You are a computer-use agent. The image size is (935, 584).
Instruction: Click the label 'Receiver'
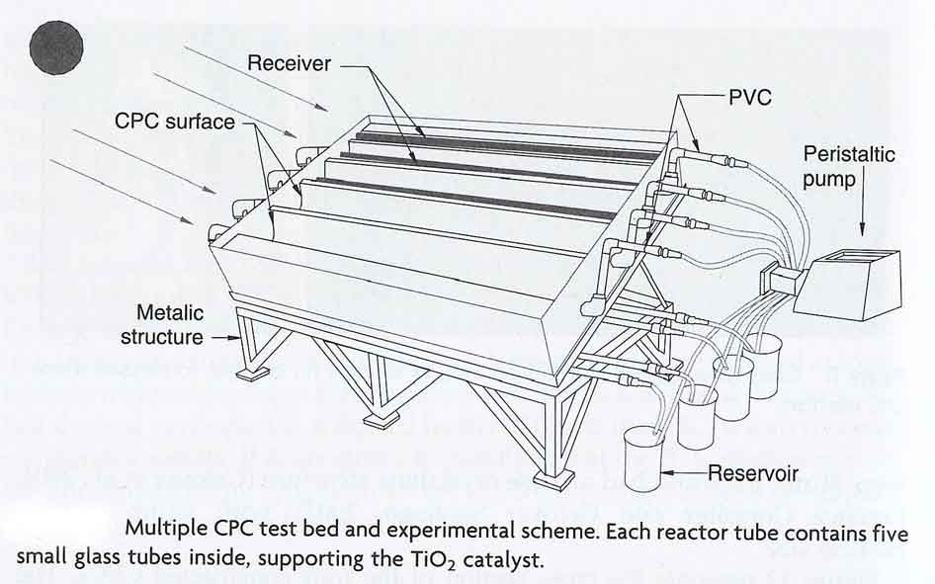[x=289, y=64]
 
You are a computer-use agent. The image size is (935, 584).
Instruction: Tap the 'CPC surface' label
[x=175, y=122]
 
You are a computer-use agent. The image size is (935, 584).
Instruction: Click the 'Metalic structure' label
[x=162, y=324]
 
